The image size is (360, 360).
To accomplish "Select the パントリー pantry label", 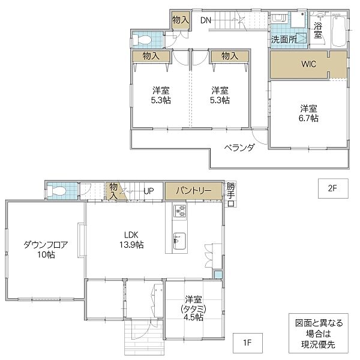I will (194, 191).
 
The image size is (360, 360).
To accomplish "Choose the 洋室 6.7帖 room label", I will (309, 113).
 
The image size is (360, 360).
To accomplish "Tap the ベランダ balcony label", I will (239, 148).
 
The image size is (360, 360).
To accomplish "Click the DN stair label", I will (206, 20).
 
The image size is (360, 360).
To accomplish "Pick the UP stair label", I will (149, 191).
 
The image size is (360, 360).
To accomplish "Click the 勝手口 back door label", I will (232, 193).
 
